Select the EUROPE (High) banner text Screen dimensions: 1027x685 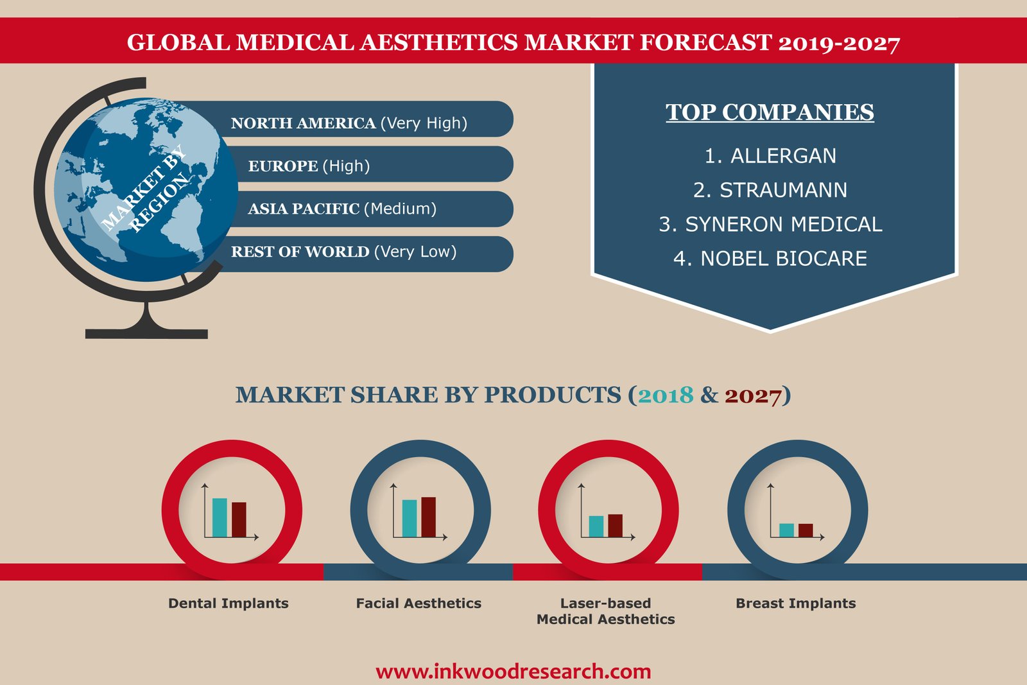(x=309, y=166)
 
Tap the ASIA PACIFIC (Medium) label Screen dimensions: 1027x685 (x=342, y=209)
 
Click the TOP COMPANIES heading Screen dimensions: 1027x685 (x=770, y=112)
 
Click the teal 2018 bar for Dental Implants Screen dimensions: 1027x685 (x=220, y=517)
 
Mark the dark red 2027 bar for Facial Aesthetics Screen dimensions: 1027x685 (x=428, y=517)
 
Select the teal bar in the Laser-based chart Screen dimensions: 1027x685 (x=596, y=526)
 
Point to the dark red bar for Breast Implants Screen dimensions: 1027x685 (x=806, y=530)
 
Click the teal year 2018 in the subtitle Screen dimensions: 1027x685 (x=665, y=395)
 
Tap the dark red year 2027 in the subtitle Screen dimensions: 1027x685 (x=753, y=396)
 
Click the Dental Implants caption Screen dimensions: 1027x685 (x=229, y=603)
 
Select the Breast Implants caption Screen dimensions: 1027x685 (x=795, y=603)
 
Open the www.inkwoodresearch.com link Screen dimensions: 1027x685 (x=513, y=672)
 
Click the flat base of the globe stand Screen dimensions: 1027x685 (x=147, y=334)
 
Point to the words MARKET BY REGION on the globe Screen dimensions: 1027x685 (x=145, y=189)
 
